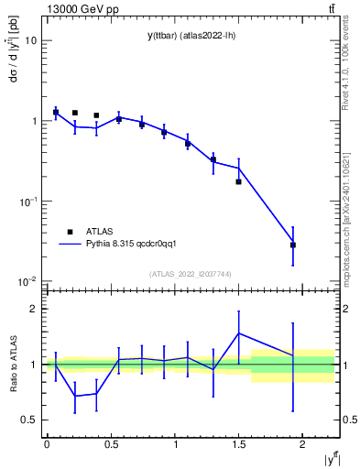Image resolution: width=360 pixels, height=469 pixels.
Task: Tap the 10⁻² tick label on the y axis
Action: (27, 281)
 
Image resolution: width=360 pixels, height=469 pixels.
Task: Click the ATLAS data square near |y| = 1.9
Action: (293, 245)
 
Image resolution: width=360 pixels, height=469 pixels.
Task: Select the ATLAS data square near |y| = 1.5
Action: (238, 181)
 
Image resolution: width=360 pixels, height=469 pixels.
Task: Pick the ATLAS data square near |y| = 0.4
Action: (96, 115)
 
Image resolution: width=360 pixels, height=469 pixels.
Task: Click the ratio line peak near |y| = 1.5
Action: (239, 333)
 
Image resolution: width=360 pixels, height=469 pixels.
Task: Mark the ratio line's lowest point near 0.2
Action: (75, 397)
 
